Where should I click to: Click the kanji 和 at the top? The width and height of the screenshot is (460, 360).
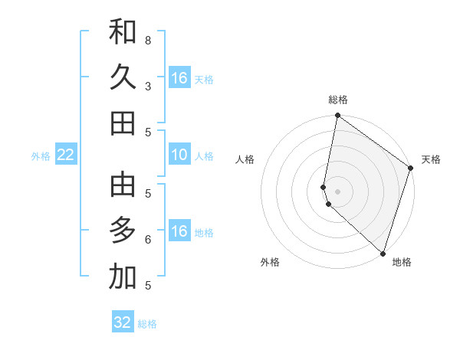point(123,32)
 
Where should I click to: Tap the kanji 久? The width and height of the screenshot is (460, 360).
point(123,77)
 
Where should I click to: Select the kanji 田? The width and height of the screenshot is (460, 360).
point(123,123)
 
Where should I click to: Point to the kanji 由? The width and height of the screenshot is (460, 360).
point(123,185)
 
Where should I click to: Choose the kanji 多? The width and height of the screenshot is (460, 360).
point(123,231)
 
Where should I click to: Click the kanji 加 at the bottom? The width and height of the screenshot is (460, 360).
point(123,277)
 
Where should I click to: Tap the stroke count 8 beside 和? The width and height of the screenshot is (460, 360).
point(148,40)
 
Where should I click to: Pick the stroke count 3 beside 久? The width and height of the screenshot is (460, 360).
point(148,86)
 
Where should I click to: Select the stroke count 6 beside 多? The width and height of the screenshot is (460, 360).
point(148,239)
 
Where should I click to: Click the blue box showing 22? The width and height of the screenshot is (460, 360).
point(66,155)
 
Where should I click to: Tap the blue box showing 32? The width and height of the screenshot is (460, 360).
point(123,322)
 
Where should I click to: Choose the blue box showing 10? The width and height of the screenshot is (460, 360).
point(179,155)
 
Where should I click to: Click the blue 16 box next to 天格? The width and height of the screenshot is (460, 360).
point(179,78)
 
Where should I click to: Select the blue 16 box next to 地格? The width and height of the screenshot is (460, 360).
point(179,231)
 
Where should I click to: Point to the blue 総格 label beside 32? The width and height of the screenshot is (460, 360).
point(147,324)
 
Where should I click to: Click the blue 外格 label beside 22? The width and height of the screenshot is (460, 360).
point(41,156)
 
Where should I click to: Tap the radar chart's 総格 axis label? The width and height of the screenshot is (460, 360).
point(338,100)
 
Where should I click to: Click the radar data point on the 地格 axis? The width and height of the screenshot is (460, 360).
point(383,253)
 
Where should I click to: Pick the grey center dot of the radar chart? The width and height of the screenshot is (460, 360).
point(338,191)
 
